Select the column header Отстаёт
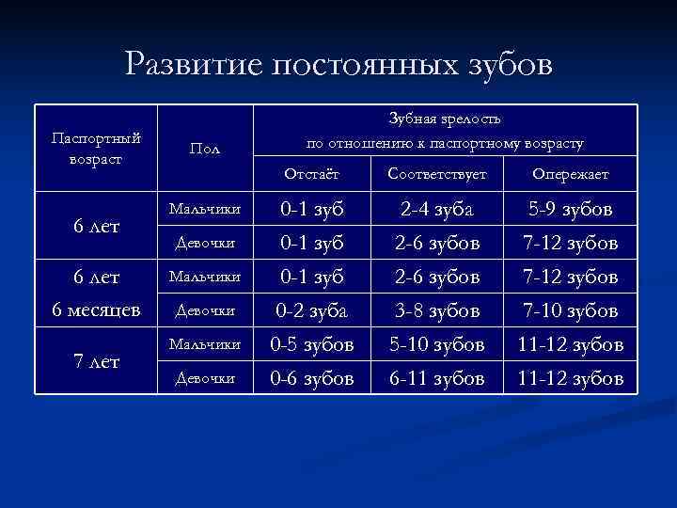pyautogui.click(x=311, y=174)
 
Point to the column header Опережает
pyautogui.click(x=570, y=174)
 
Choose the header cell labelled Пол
pyautogui.click(x=204, y=149)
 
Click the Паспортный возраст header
pyautogui.click(x=96, y=148)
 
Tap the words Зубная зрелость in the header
pyautogui.click(x=445, y=120)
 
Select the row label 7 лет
pyautogui.click(x=96, y=361)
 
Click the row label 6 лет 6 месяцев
pyautogui.click(x=96, y=294)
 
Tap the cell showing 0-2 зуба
pyautogui.click(x=311, y=310)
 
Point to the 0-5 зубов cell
pyautogui.click(x=311, y=344)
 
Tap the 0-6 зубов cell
pyautogui.click(x=311, y=378)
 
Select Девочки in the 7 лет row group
pyautogui.click(x=204, y=377)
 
